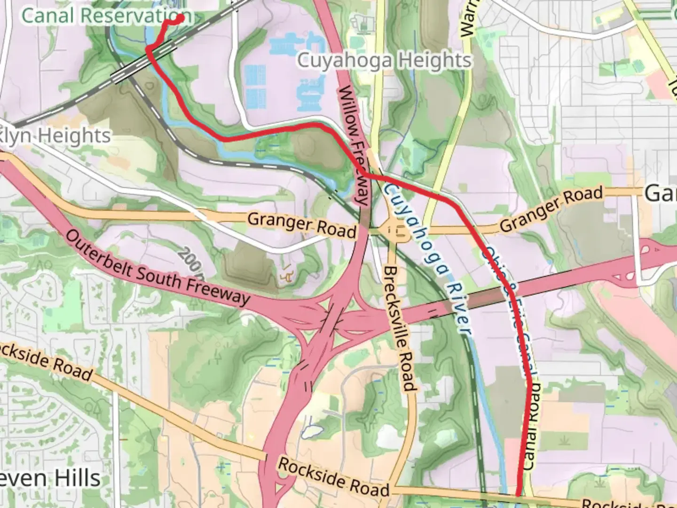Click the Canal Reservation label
coord(106,15)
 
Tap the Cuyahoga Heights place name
coord(384,61)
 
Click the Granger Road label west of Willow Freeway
coord(301,225)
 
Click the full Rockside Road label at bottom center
coord(334,476)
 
